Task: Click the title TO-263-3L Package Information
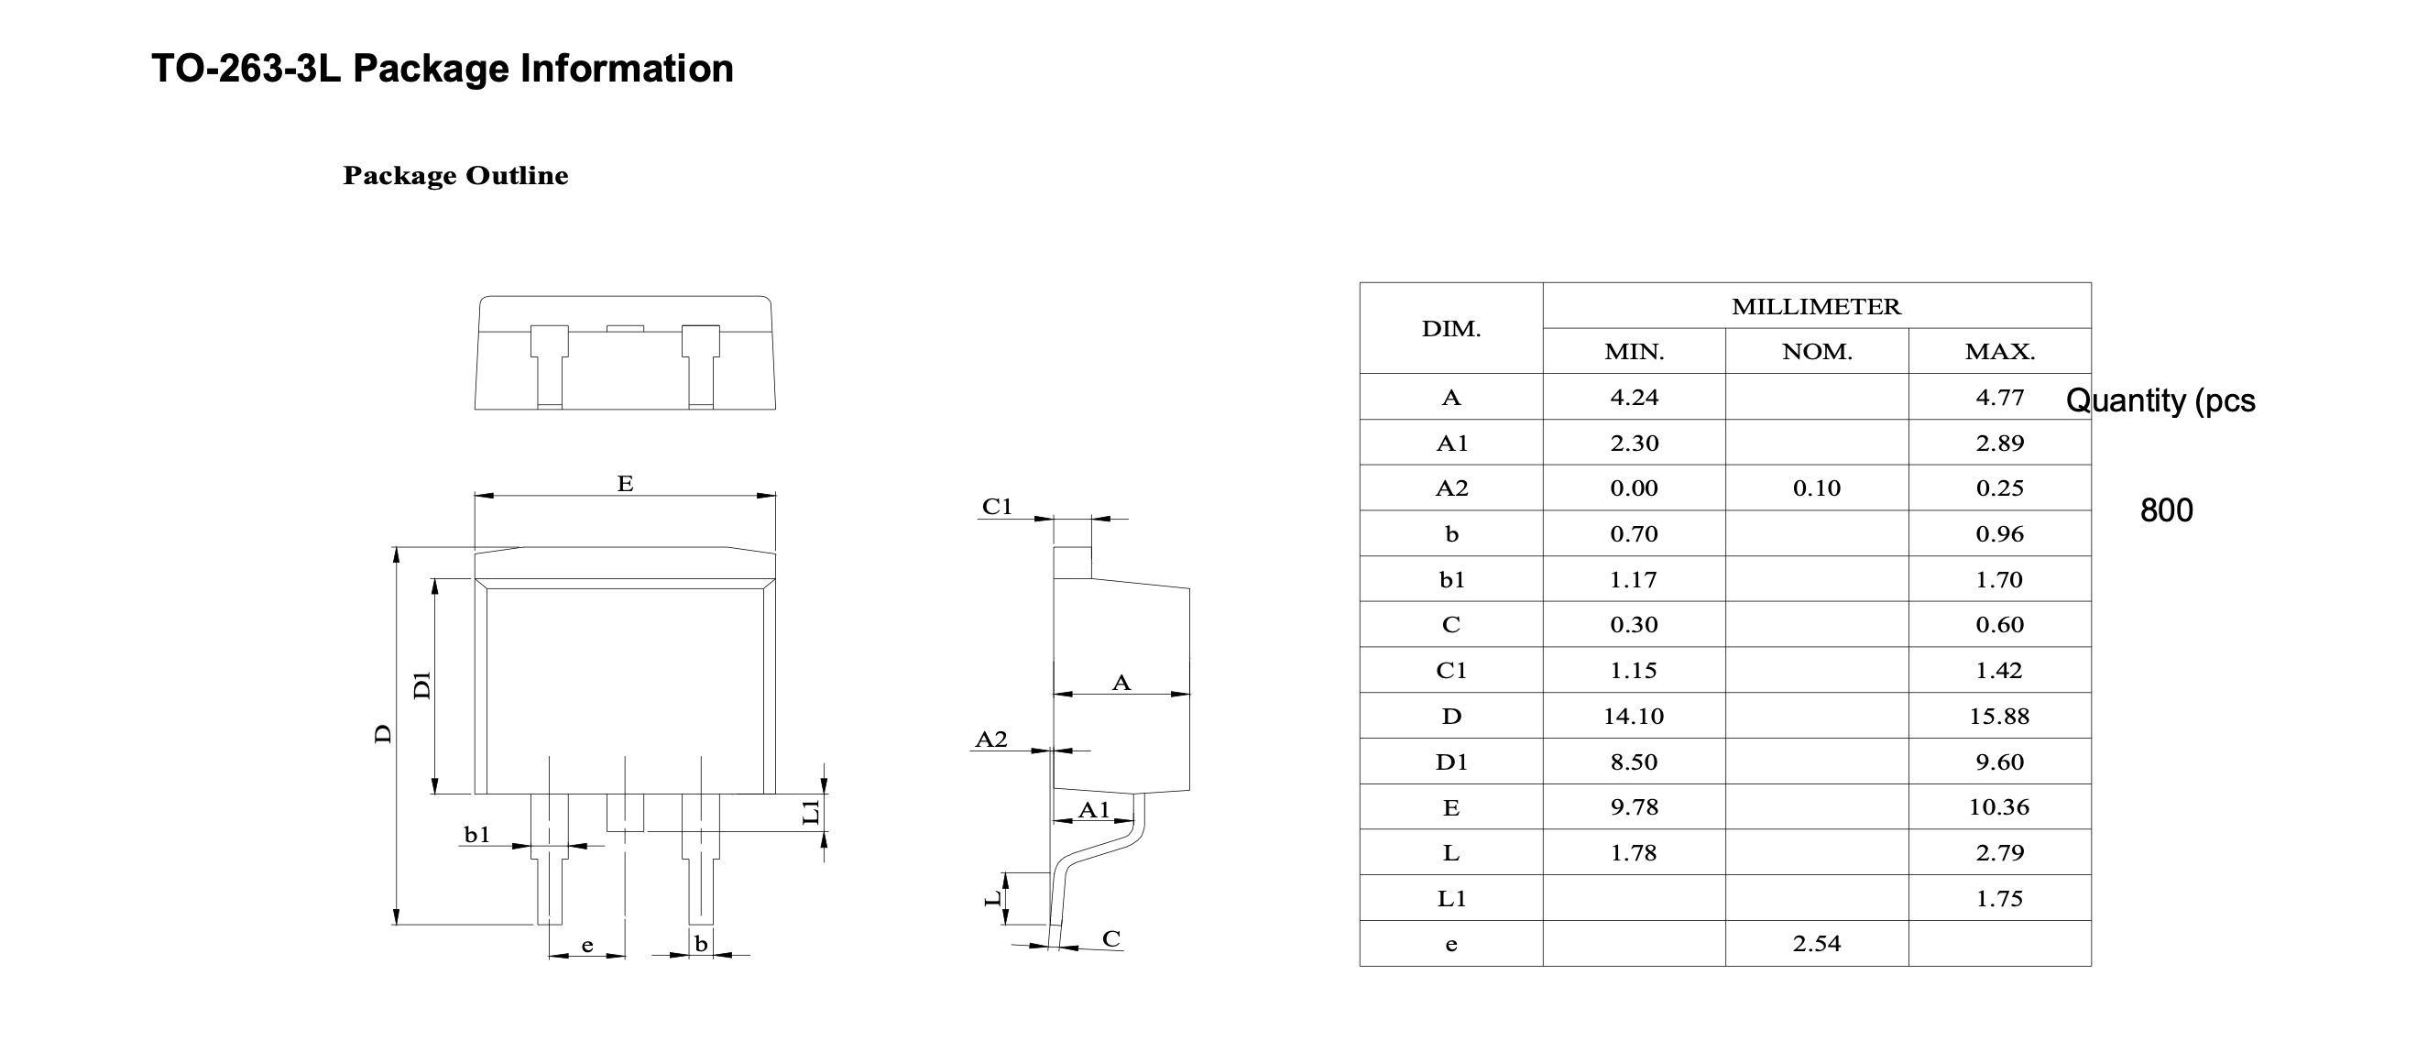click(x=442, y=69)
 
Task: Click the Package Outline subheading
click(x=455, y=175)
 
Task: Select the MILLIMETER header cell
click(x=1816, y=307)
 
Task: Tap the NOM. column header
click(x=1817, y=352)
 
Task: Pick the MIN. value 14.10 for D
click(x=1633, y=716)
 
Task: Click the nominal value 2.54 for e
click(x=1817, y=943)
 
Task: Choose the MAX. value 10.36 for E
click(x=1998, y=806)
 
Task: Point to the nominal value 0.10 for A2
click(x=1817, y=488)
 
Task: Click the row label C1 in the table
click(x=1450, y=670)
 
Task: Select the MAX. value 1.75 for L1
click(x=1998, y=898)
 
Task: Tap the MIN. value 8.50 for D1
click(x=1633, y=762)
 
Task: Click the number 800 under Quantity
click(x=2166, y=510)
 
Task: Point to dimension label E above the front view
click(x=625, y=483)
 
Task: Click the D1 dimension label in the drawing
click(x=422, y=685)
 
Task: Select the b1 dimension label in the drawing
click(x=476, y=834)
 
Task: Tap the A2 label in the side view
click(x=990, y=740)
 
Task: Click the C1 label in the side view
click(x=997, y=507)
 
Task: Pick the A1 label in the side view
click(x=1093, y=810)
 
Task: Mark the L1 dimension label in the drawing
click(x=812, y=812)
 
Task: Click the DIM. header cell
click(x=1450, y=329)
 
